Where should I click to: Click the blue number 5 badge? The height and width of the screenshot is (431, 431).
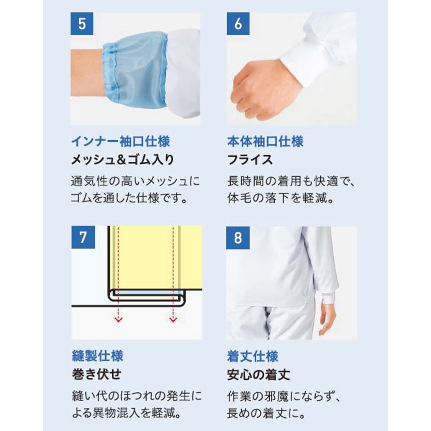[x=82, y=24]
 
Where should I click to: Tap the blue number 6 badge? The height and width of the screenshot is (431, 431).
[x=238, y=24]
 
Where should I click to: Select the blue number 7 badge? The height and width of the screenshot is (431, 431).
[x=83, y=237]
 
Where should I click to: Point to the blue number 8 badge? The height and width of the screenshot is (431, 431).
[x=238, y=238]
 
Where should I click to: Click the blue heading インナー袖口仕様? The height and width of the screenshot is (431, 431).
[x=120, y=141]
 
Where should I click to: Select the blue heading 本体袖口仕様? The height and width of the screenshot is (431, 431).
[x=265, y=141]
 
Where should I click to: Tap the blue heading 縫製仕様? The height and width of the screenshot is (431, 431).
[x=97, y=356]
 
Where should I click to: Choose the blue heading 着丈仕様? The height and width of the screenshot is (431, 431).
[x=252, y=356]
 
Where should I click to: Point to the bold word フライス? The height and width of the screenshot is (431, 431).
[x=250, y=159]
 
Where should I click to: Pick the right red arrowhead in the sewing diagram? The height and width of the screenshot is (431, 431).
[x=173, y=319]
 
